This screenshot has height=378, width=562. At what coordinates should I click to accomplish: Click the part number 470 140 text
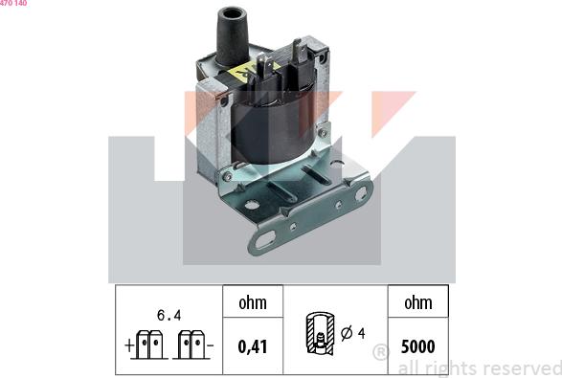pos(13,3)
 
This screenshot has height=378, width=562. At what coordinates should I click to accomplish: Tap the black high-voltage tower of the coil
pos(233,36)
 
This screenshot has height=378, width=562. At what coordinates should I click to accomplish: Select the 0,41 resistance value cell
pos(253,346)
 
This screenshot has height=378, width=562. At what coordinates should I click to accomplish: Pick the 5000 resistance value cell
pos(418,346)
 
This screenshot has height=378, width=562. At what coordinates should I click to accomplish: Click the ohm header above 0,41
pos(253,302)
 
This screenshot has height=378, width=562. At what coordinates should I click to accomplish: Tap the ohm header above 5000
pos(418,302)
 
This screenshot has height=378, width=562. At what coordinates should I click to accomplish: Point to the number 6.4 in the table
pos(169,315)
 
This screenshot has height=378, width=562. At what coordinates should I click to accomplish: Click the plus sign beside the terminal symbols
pos(128,345)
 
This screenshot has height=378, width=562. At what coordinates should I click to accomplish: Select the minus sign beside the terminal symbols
pos(211,345)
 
